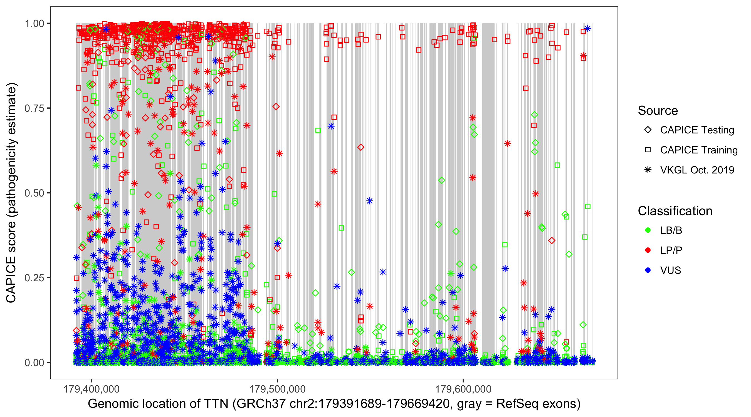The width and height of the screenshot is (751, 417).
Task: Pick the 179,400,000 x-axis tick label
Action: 92,389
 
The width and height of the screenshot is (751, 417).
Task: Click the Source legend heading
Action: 658,111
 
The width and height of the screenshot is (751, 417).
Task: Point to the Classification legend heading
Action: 675,211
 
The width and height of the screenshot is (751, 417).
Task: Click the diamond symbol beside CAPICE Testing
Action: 648,130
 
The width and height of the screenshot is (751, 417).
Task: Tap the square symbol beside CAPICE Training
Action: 648,150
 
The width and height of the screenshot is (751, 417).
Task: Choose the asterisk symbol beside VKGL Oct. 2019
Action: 648,170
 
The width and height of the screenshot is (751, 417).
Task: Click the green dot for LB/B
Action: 648,230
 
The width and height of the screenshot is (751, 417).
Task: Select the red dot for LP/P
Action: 648,250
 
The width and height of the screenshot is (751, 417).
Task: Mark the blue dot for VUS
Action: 648,270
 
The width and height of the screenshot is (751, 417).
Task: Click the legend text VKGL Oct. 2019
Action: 697,170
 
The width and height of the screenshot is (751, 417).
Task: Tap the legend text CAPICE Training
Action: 699,150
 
